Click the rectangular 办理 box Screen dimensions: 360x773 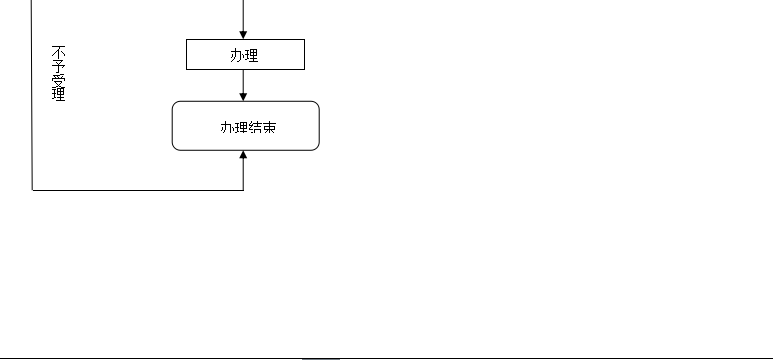click(245, 55)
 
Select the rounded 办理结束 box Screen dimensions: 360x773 click(245, 126)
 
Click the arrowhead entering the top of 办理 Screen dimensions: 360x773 click(244, 35)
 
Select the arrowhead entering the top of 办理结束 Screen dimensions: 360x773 click(244, 96)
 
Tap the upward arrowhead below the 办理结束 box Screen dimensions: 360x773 click(244, 156)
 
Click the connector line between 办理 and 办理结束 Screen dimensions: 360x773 click(244, 83)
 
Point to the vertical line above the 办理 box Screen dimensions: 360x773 click(244, 14)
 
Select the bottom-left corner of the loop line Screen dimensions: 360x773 click(33, 188)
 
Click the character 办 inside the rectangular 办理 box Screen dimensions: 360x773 click(237, 56)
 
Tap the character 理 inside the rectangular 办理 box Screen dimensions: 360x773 click(251, 56)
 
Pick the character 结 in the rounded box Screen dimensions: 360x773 click(252, 127)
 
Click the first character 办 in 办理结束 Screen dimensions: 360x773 click(225, 127)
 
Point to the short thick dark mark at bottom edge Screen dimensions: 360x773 click(321, 357)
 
